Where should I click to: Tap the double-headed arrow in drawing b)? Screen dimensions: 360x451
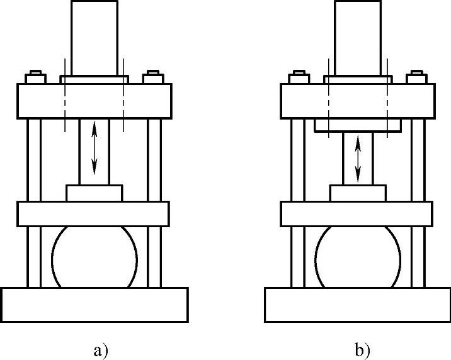coord(358,157)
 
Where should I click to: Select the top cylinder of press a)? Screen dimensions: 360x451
coord(94,38)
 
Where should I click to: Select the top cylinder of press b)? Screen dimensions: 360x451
coord(358,38)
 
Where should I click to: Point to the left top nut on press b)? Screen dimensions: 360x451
coord(297,79)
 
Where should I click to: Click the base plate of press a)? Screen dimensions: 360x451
coord(94,304)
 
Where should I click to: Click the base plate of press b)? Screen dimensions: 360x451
coord(358,304)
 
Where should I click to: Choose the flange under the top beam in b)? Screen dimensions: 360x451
coord(358,126)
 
